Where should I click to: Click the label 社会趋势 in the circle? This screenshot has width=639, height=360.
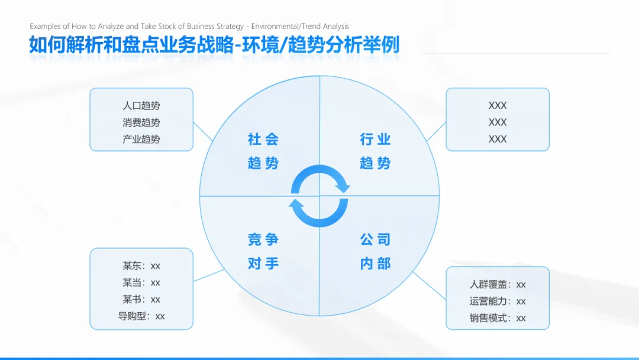(x=263, y=151)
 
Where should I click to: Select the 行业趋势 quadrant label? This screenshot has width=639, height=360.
(x=375, y=151)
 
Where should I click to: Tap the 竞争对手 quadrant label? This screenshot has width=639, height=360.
(x=263, y=252)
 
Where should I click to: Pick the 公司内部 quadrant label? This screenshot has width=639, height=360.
(x=375, y=252)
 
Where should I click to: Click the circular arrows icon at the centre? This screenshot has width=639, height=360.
(x=319, y=196)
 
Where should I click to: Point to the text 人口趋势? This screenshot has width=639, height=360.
(x=141, y=106)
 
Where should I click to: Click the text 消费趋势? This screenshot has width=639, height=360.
(x=141, y=123)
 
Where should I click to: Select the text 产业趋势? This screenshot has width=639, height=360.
(x=141, y=139)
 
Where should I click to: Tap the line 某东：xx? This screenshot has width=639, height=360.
(x=141, y=266)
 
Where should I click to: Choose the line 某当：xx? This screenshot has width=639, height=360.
(x=141, y=282)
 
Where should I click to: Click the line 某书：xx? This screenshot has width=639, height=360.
(x=141, y=299)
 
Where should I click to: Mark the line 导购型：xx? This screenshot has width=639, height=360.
(x=141, y=316)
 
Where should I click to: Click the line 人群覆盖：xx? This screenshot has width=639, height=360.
(x=498, y=285)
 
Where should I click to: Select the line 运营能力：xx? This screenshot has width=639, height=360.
(x=498, y=301)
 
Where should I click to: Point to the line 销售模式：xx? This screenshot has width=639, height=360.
(x=498, y=318)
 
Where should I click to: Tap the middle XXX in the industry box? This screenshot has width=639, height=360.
(x=498, y=122)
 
